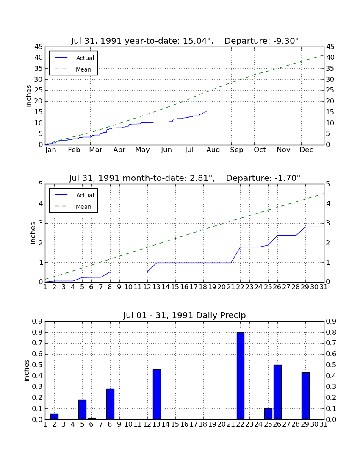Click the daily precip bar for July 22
click(x=240, y=376)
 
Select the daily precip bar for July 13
click(x=157, y=394)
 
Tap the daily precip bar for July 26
click(x=277, y=392)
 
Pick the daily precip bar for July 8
click(x=110, y=404)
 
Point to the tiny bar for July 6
click(x=91, y=419)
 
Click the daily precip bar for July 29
click(x=305, y=396)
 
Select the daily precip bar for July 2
click(x=54, y=417)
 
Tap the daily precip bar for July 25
click(x=268, y=414)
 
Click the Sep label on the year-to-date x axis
click(x=236, y=150)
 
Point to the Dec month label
click(x=306, y=150)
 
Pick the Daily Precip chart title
click(x=185, y=315)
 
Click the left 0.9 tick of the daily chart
click(x=37, y=321)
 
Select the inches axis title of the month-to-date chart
click(x=33, y=233)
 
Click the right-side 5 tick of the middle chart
click(x=328, y=184)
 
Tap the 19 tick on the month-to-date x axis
click(x=212, y=287)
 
